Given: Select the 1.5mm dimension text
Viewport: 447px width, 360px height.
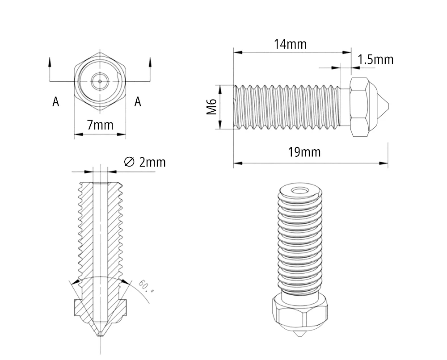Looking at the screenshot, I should pos(375,59).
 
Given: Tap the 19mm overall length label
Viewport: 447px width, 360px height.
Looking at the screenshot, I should pos(304,152).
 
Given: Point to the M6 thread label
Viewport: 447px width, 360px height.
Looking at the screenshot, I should pos(212,107).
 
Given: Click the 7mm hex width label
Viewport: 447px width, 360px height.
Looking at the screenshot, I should pos(100,125).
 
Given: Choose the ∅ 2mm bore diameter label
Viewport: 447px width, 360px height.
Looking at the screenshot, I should pos(144,162).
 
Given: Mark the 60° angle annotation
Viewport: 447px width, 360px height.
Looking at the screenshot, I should pos(146,286).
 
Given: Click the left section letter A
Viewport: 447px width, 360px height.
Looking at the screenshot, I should pos(55,102).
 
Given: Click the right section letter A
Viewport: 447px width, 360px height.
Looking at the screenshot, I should pos(138,102).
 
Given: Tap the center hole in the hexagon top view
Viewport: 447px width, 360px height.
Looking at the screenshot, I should pos(100,81).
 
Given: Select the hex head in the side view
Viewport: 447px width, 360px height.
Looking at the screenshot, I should pos(359,107).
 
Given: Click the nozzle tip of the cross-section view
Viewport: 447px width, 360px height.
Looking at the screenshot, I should pos(100,335).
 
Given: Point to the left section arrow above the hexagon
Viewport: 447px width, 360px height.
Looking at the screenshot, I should pos(50,63).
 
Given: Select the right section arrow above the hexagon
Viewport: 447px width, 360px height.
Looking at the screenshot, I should pos(150,63).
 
